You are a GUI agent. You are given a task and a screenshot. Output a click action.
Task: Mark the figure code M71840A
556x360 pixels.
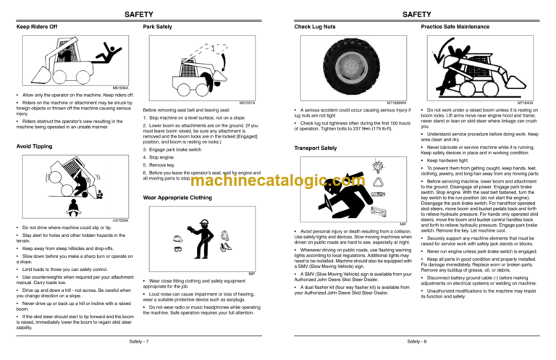[536, 103]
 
